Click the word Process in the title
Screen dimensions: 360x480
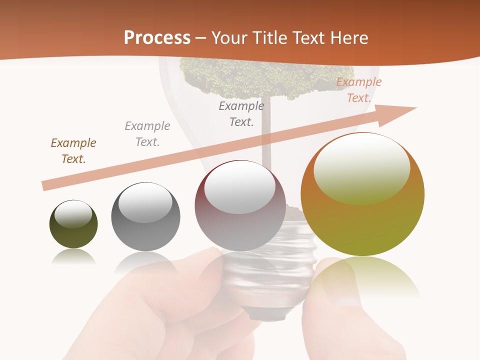(157, 38)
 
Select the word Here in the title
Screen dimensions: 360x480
(347, 38)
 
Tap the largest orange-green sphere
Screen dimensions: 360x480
(362, 195)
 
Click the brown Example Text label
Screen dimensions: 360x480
(73, 151)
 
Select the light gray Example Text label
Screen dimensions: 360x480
(147, 134)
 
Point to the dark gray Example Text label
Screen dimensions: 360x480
(241, 113)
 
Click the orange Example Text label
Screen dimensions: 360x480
(359, 90)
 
